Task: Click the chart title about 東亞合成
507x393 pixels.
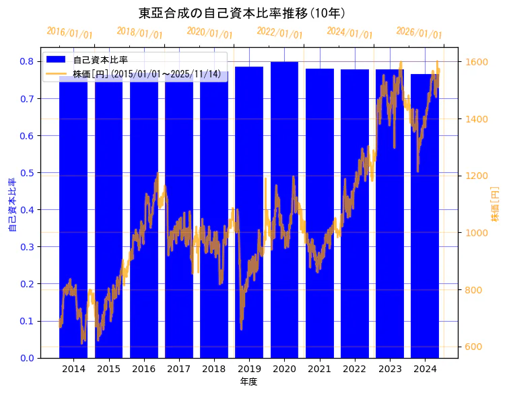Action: tap(242, 13)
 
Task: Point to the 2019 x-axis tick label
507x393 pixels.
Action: tap(249, 369)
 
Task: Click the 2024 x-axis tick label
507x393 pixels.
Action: tap(425, 369)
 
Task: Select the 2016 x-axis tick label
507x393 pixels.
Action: tap(143, 369)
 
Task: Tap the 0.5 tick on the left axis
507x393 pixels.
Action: tap(26, 173)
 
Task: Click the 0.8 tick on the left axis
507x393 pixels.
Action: tap(26, 61)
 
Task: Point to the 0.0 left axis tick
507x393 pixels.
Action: tap(26, 358)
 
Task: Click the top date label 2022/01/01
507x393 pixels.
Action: tap(279, 33)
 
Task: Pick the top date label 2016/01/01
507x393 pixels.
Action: tap(69, 33)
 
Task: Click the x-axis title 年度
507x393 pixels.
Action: tap(248, 382)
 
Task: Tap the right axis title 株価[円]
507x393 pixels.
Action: tap(495, 204)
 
